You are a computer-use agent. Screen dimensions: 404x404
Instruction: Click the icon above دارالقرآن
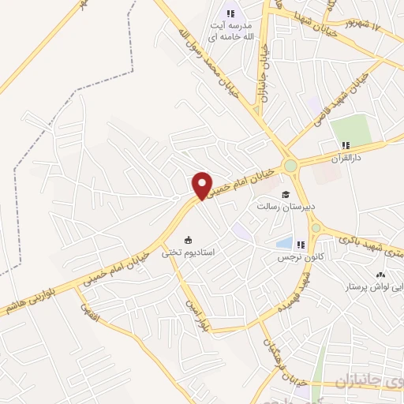(345, 145)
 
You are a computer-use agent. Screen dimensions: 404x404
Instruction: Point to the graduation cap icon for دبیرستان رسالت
(285, 195)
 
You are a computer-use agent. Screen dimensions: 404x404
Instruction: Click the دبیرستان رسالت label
(285, 208)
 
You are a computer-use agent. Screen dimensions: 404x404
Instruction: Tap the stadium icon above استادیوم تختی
(188, 241)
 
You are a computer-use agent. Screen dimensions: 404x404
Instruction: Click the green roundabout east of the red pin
(291, 165)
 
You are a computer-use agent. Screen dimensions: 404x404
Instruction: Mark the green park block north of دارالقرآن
(350, 129)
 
